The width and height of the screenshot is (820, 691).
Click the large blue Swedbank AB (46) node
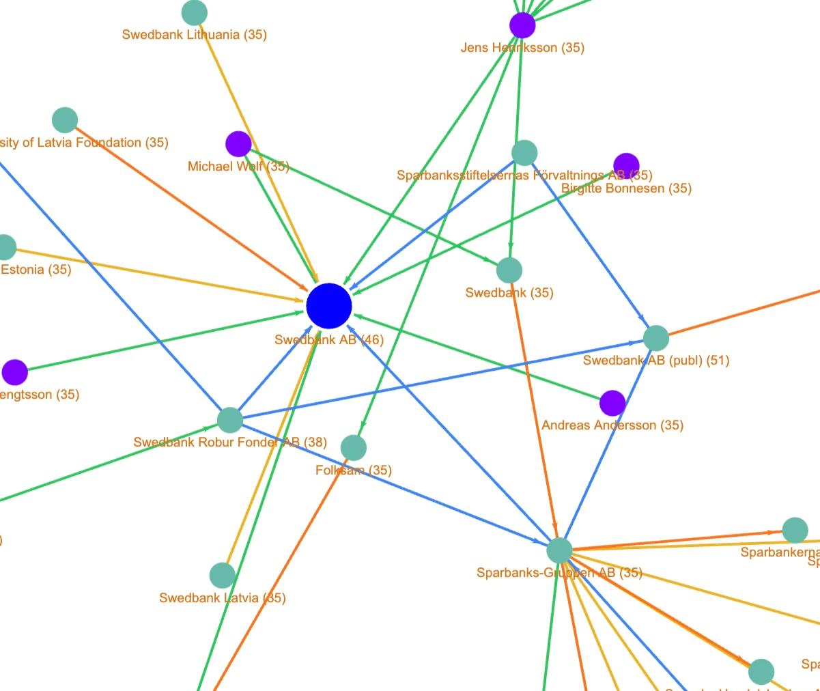coord(329,307)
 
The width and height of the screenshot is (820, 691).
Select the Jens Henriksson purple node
coord(522,25)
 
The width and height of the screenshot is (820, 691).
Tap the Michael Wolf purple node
coord(238,144)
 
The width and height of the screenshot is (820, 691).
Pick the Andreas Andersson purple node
coord(612,404)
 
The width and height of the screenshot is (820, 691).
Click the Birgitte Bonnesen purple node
coord(626,165)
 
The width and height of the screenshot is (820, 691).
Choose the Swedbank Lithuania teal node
coord(195,12)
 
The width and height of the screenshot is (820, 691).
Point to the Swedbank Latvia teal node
coord(222,576)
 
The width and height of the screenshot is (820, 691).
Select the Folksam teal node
coord(353,448)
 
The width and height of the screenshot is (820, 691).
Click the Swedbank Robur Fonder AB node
coord(230,420)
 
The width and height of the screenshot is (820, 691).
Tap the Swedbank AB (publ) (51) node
coord(656,338)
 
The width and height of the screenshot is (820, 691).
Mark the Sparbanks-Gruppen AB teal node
coord(559,550)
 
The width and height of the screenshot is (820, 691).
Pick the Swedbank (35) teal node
coord(509,270)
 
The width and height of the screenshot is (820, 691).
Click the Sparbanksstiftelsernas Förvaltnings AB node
coord(524,153)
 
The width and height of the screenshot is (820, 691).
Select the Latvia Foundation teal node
coord(65,120)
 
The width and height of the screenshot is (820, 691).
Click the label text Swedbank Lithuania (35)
coord(194,35)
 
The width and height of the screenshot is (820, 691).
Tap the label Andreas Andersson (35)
coord(612,425)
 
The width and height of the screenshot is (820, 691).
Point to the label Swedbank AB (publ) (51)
coord(656,361)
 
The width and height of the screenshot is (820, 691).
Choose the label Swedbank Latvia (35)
coord(222,598)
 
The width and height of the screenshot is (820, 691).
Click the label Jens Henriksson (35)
coord(522,48)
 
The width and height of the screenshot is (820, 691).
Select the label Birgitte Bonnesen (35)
coord(626,188)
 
